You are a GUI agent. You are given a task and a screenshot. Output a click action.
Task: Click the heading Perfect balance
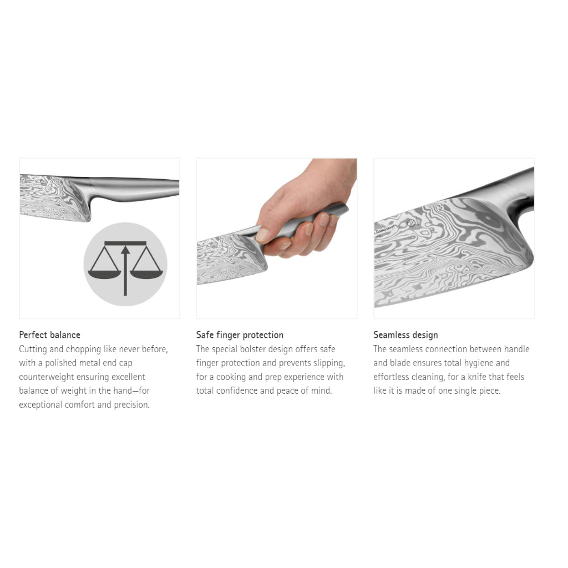pos(49,334)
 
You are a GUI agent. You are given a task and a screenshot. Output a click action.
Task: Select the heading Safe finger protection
pos(240,335)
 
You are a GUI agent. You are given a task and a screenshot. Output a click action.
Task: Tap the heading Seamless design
pos(405,335)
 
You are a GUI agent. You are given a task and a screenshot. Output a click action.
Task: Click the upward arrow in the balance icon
pos(125,270)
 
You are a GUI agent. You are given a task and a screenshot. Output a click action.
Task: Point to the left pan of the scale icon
pos(104,275)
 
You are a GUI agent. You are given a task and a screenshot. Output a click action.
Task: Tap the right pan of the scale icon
pos(146,275)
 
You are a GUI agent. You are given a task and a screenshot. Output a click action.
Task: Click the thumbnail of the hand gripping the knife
pos(277,239)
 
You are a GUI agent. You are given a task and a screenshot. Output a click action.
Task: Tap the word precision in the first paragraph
pos(131,405)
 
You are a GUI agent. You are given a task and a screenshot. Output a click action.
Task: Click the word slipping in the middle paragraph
pos(329,363)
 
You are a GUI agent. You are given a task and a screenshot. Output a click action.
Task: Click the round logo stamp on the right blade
pos(411,223)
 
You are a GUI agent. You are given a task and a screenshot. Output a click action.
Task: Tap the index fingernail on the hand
pos(262,235)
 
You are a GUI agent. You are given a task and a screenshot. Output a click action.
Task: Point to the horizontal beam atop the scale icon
pos(125,244)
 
